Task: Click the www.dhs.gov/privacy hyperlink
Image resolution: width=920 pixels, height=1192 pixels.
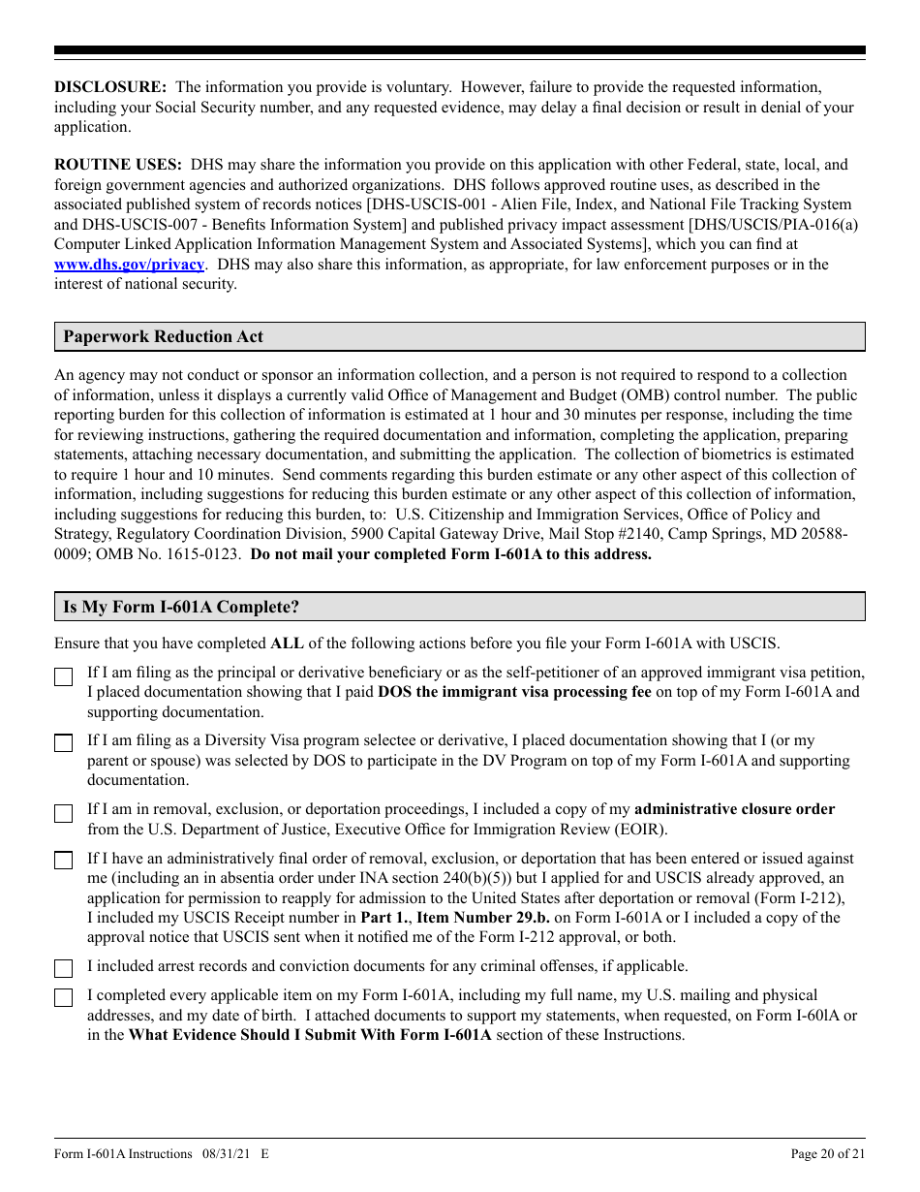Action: click(129, 265)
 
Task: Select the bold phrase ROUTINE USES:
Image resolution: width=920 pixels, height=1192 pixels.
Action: click(117, 165)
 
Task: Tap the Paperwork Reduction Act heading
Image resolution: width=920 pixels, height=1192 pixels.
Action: click(163, 337)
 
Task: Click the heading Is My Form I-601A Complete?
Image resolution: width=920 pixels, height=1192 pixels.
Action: click(181, 608)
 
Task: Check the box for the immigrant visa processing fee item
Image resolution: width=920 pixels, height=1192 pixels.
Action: click(64, 677)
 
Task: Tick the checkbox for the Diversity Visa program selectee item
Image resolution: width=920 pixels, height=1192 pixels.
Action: click(64, 744)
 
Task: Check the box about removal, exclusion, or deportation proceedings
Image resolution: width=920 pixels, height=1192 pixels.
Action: click(64, 814)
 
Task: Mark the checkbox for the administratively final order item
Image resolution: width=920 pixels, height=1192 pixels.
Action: click(64, 861)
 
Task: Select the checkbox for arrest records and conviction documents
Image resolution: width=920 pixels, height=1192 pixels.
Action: click(64, 969)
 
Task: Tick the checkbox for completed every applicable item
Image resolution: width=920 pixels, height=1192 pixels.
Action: click(64, 998)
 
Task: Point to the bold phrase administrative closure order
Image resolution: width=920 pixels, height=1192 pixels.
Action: click(734, 809)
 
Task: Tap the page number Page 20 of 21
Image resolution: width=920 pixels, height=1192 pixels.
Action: click(828, 1154)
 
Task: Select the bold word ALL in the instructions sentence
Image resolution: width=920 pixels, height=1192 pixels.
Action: click(287, 643)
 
